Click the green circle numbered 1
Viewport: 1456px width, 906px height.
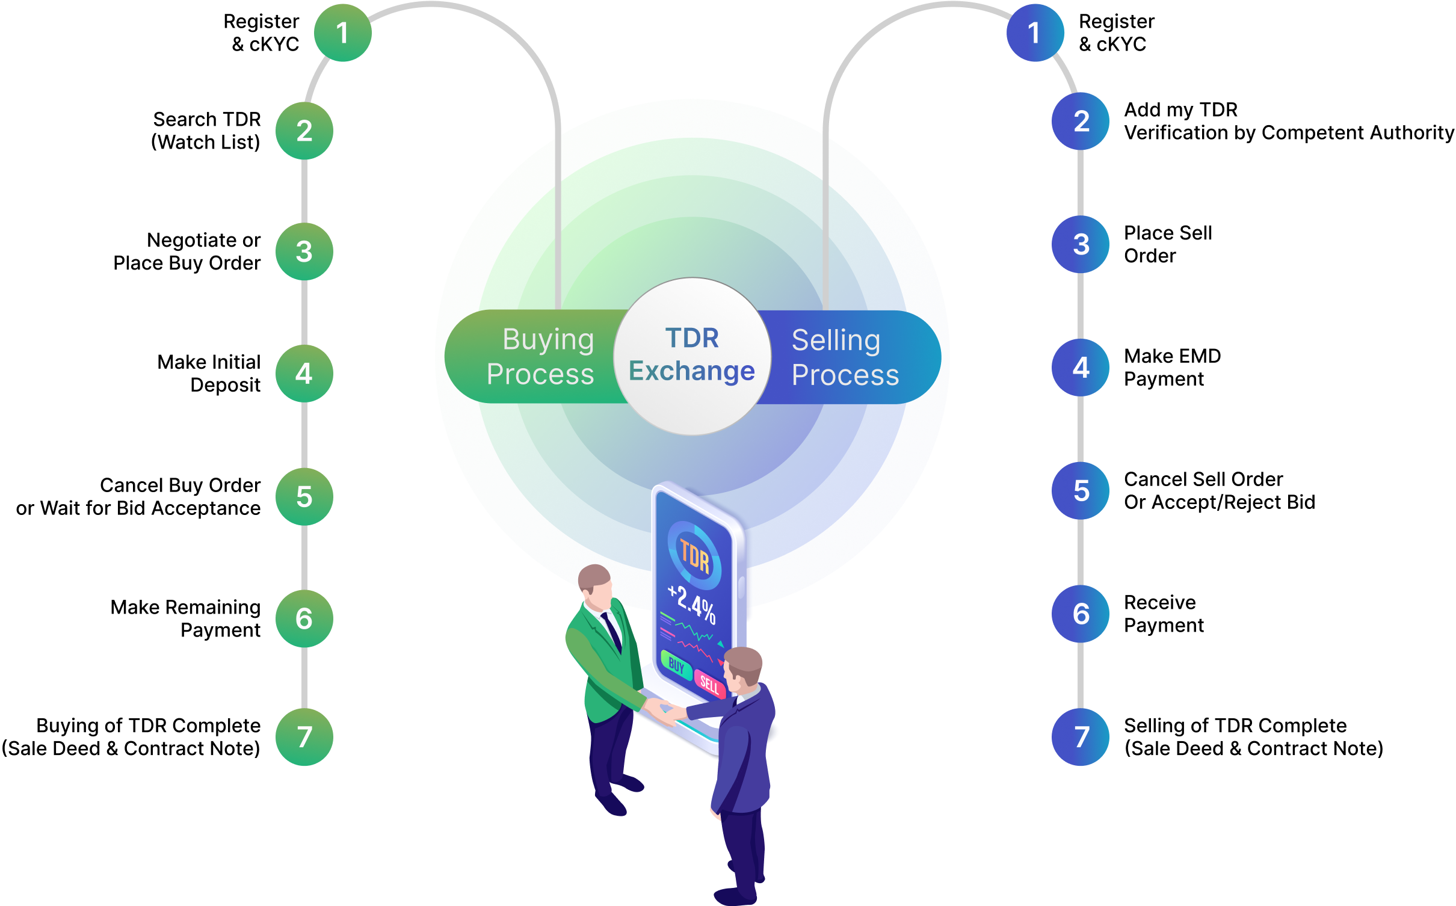(x=342, y=33)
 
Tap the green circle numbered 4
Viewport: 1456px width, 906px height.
(x=304, y=374)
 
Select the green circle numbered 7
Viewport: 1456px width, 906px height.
(x=304, y=737)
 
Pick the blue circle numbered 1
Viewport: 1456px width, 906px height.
(x=1034, y=33)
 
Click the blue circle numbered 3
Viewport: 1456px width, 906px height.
(x=1081, y=244)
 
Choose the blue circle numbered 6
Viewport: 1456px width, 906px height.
(x=1081, y=614)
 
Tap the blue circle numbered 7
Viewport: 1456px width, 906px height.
(x=1081, y=737)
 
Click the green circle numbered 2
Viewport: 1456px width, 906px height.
(x=304, y=131)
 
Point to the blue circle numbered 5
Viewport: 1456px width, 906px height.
(x=1081, y=491)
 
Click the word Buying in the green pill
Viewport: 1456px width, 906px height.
(x=548, y=340)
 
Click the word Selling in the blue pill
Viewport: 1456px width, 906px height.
(x=836, y=341)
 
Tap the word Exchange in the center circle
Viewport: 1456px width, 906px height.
(x=691, y=371)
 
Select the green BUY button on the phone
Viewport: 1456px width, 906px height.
(x=676, y=665)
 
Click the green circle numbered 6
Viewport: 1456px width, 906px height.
(x=304, y=618)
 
